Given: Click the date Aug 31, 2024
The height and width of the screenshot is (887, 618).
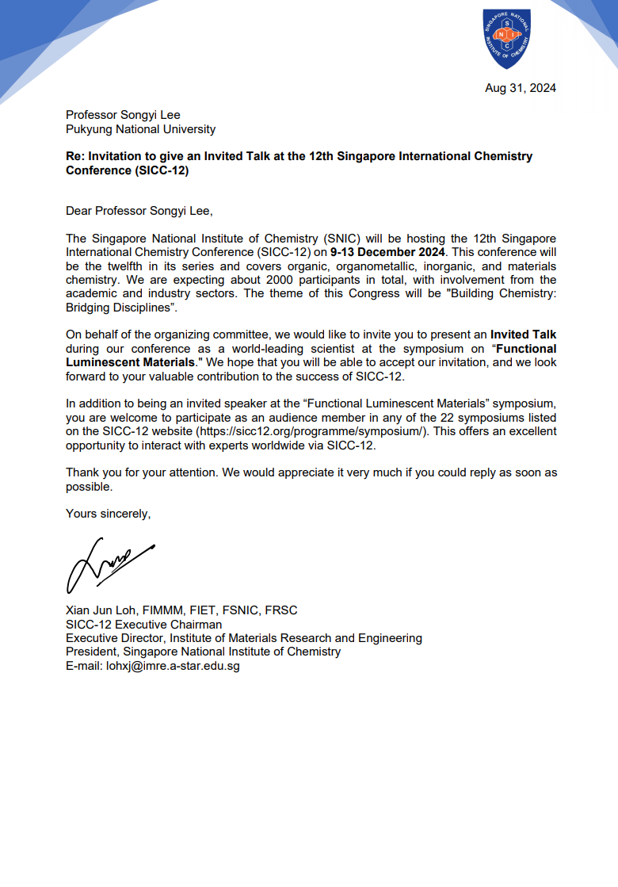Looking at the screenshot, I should [x=520, y=88].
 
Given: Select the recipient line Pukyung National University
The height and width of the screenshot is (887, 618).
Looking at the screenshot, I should [x=140, y=129].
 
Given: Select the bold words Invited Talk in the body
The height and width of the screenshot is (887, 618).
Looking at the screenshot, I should [x=523, y=335].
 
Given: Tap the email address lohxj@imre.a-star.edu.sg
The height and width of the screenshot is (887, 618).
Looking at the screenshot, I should [x=173, y=667].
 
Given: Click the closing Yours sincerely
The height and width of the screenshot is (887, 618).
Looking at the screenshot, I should [x=108, y=514].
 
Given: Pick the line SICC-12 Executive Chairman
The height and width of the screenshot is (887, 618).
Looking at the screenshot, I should [x=143, y=624].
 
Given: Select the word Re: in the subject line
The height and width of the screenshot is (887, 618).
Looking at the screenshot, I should [x=75, y=156].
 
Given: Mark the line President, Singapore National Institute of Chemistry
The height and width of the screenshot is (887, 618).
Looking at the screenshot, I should [x=203, y=652].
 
